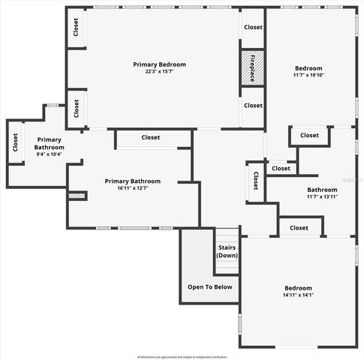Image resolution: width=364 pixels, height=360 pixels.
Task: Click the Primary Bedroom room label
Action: coord(159,64)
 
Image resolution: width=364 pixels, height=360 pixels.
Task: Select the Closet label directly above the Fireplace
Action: coord(253,27)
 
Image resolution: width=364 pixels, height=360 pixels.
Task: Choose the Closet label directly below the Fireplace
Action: coord(253,106)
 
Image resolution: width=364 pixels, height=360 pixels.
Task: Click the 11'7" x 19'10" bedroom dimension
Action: coord(308,75)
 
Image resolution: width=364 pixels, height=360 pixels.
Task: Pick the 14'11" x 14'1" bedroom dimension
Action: coord(298,296)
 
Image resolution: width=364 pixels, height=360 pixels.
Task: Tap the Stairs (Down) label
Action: coord(227,252)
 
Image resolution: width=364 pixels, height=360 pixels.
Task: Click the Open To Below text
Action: coord(209,287)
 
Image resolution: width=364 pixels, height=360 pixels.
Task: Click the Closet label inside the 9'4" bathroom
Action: coord(15,147)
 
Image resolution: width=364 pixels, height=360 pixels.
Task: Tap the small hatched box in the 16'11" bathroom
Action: coord(77,196)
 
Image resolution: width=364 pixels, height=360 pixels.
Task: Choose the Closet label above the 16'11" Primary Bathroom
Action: coord(151,137)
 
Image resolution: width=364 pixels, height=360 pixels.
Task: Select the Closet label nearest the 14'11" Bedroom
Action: coord(299,227)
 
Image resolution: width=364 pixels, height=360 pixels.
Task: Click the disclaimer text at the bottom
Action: coord(182,356)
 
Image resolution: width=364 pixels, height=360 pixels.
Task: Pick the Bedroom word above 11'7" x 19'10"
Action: coord(308,67)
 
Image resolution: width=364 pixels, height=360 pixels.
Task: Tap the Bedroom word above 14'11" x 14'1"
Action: coord(298,288)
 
